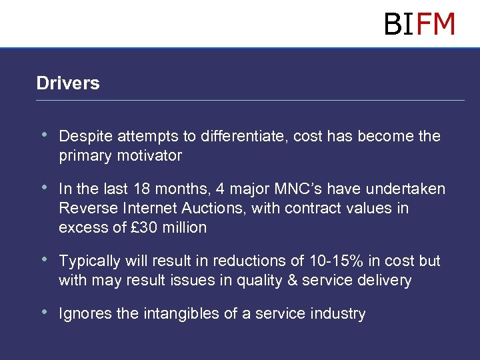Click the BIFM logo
419,24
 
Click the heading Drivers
68,83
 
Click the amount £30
145,227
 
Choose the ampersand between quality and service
292,280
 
